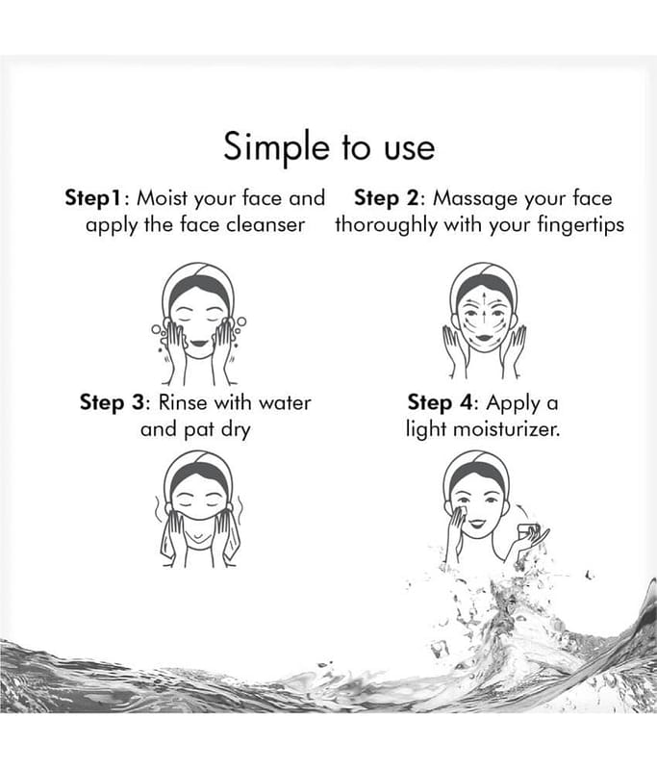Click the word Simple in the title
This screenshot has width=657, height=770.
click(x=276, y=147)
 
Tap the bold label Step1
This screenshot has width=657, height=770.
click(x=93, y=199)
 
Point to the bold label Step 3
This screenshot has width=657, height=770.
click(x=113, y=403)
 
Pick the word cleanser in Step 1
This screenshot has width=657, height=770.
click(x=265, y=225)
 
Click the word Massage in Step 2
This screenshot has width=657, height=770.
click(x=475, y=199)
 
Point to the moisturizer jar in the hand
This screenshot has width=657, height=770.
click(x=529, y=532)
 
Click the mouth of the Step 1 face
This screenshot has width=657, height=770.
click(x=199, y=343)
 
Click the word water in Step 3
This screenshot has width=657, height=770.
click(x=285, y=403)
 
